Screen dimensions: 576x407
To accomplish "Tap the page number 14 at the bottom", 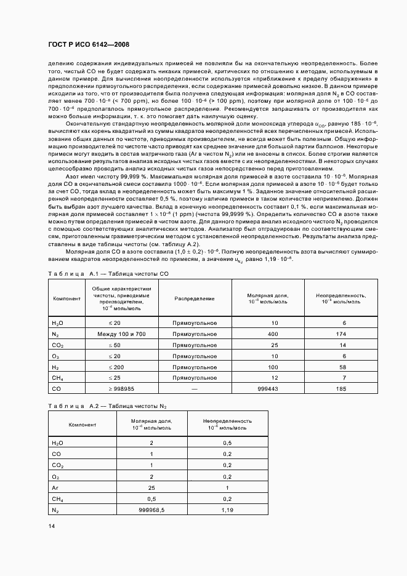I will coord(52,526).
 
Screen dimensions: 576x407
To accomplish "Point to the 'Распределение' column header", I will coord(194,298).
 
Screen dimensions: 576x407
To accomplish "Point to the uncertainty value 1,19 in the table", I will coord(227,510).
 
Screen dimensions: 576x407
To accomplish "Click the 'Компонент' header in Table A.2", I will coord(82,425).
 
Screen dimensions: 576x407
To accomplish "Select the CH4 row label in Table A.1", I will coord(58,378).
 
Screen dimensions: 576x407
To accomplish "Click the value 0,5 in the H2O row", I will coord(227,442).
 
